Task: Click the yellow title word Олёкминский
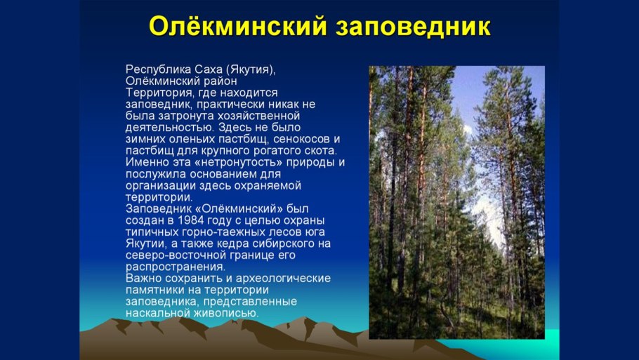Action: point(238,27)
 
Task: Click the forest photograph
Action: point(457,202)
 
